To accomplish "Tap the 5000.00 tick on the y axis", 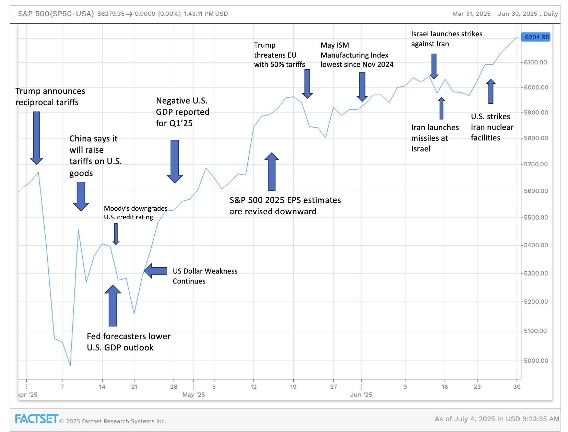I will pos(536,360).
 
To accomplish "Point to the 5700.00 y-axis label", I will pos(536,164).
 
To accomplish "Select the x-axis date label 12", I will pos(253,387).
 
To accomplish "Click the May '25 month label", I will pos(194,395).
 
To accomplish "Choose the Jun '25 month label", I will pos(361,395).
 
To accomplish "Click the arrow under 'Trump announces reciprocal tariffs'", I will pos(37,137).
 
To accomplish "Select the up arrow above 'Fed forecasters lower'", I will pos(113,306).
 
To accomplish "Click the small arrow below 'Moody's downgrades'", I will pos(116,234).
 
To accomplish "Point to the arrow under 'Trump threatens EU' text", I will pos(307,84).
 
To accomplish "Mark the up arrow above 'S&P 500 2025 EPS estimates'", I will pos(272,171).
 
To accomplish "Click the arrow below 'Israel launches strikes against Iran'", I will pos(434,66).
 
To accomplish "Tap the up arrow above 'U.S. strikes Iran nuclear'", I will pos(491,91).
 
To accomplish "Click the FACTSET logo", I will pos(37,419).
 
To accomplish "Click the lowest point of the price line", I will pos(70,365).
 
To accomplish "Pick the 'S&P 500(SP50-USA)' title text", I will pos(56,14).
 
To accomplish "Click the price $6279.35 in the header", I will pos(111,14).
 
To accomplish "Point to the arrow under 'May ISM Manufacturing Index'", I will pos(362,86).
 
